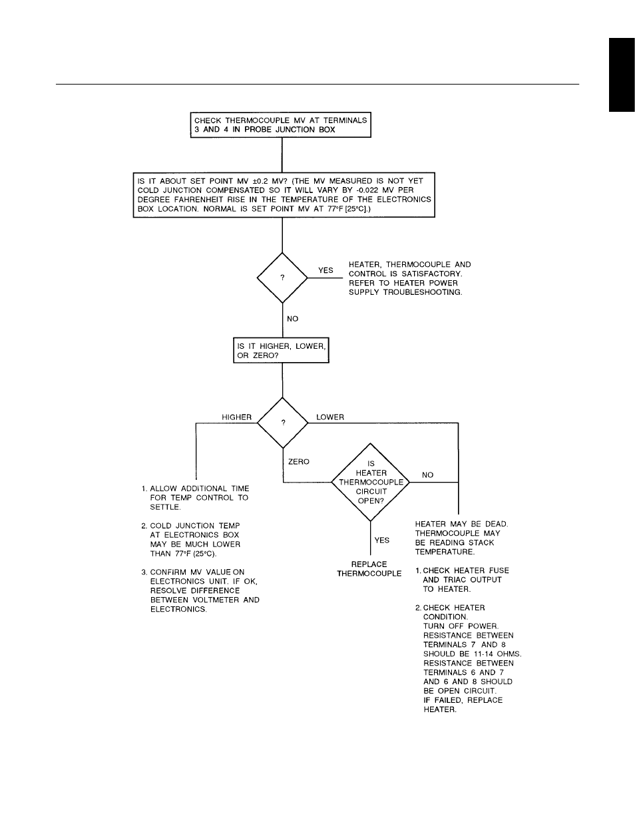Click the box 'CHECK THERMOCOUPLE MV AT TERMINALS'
(280, 124)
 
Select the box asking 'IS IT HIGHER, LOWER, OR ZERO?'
(282, 351)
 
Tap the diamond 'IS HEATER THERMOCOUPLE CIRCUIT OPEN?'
(371, 482)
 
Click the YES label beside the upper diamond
(325, 270)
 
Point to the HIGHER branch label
(236, 417)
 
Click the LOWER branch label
(330, 417)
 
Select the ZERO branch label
(298, 461)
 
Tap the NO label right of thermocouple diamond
(427, 475)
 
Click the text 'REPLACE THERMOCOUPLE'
(369, 568)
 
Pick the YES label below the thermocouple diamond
(381, 540)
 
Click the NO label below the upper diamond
(292, 319)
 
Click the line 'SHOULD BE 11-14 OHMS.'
(472, 654)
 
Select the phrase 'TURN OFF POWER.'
(460, 626)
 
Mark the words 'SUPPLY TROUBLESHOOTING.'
(405, 292)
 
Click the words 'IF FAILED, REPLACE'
(463, 700)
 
